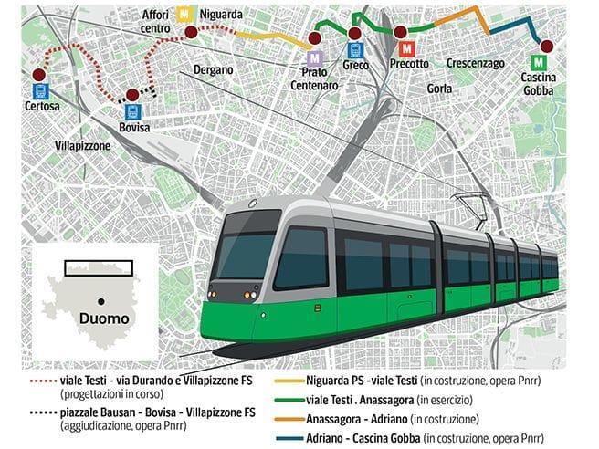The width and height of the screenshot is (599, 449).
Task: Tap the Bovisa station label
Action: click(133, 127)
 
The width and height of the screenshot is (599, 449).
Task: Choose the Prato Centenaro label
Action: click(315, 78)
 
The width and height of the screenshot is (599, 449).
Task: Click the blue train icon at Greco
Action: click(355, 52)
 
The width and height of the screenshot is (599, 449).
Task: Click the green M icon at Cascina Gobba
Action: click(541, 63)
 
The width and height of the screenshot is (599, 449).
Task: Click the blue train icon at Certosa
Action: click(39, 90)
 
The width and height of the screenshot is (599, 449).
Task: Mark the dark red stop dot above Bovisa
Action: click(132, 94)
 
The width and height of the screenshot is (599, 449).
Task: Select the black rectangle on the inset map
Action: click(100, 267)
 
